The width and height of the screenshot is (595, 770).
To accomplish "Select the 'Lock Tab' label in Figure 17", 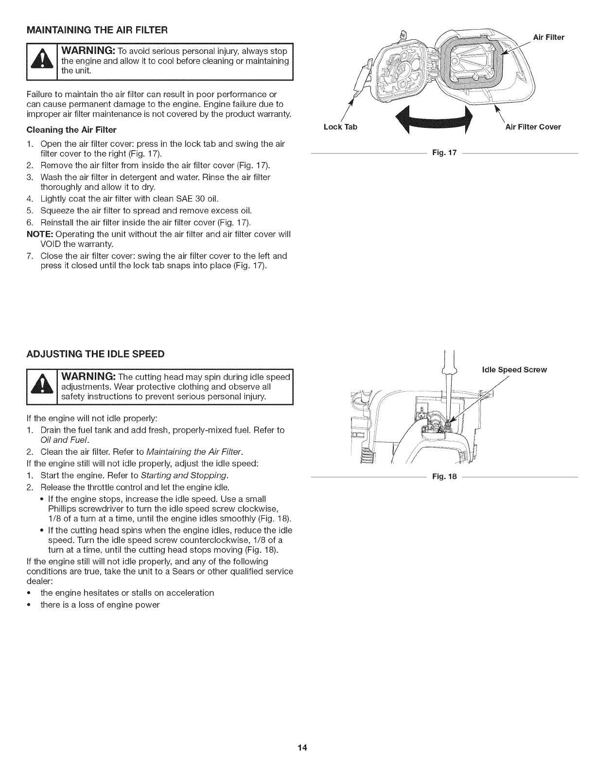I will point(340,127).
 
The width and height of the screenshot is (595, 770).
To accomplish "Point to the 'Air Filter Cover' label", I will point(533,127).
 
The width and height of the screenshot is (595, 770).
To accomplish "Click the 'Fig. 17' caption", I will point(444,154).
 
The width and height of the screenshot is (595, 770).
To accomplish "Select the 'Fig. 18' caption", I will point(444,477).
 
